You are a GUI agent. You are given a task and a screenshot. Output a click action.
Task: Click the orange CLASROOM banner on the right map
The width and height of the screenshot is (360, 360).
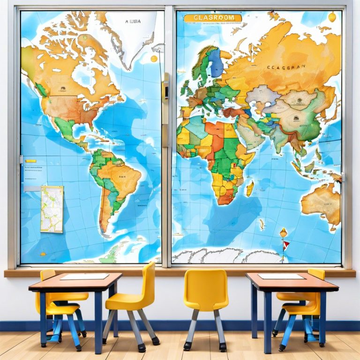[213, 18]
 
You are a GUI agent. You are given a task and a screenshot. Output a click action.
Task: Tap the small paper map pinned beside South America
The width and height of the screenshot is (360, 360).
[52, 209]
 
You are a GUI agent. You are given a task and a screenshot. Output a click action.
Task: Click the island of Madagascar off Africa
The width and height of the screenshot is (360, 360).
[250, 188]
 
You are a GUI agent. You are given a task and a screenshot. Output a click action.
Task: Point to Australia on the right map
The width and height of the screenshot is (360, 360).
[321, 202]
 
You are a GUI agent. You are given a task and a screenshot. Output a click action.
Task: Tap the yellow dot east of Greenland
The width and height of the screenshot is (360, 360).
[154, 59]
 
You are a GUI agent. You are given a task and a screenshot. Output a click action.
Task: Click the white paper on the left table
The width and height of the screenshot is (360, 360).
[84, 277]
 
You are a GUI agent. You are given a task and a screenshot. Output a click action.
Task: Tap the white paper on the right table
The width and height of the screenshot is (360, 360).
[281, 276]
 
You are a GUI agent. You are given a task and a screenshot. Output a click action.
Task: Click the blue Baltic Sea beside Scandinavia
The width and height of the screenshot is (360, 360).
[216, 63]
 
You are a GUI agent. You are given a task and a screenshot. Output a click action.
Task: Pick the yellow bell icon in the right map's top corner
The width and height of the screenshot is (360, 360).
[332, 17]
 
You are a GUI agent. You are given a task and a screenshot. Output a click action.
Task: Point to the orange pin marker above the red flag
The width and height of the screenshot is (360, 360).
[283, 232]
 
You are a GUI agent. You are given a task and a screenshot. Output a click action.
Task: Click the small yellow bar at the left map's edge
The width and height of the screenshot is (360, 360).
[31, 161]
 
